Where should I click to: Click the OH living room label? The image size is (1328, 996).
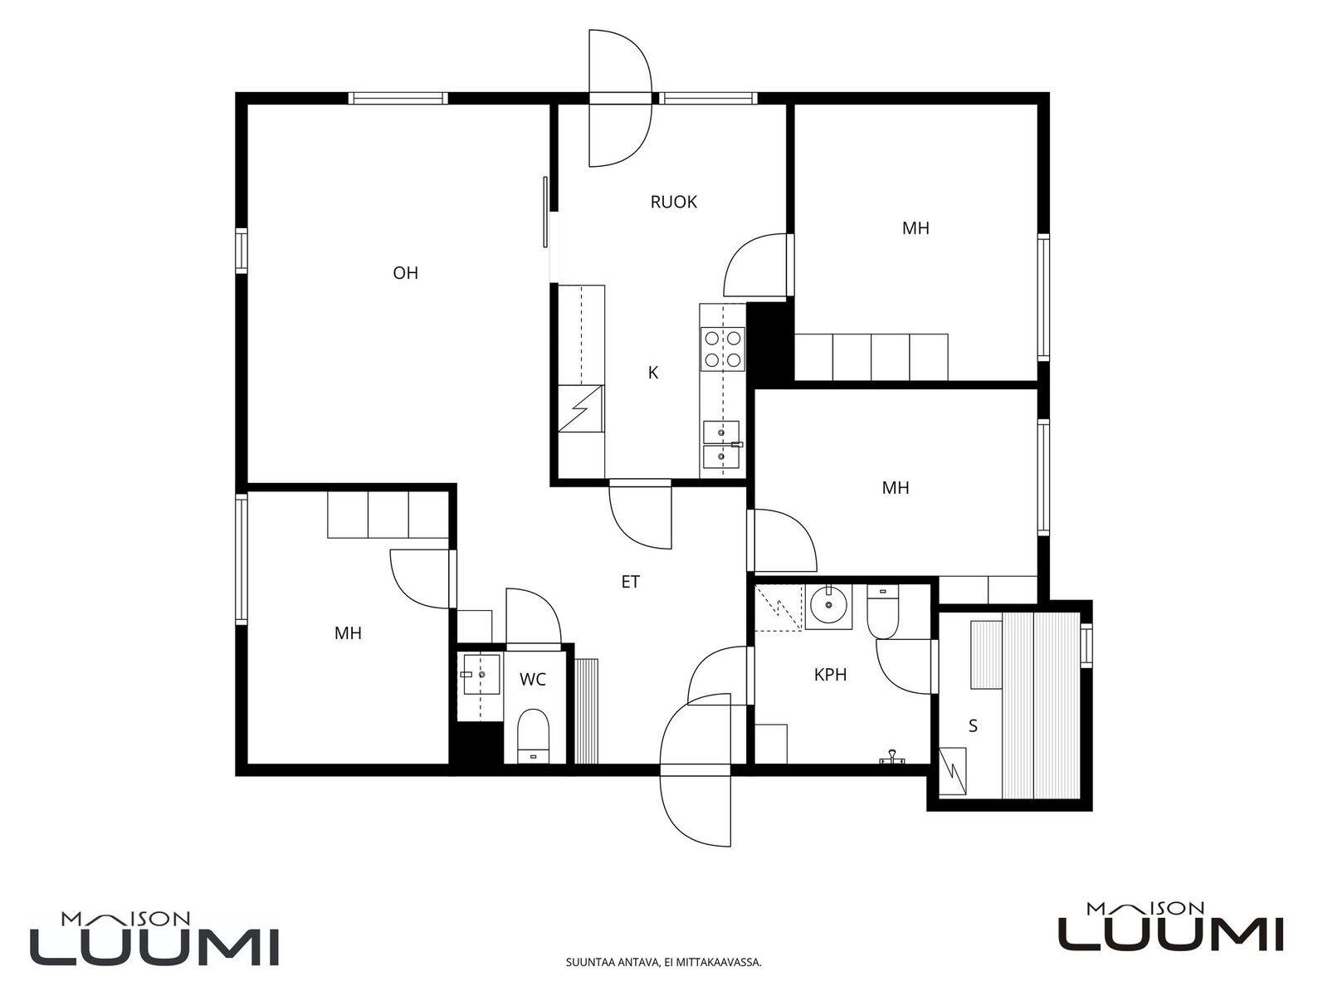point(405,273)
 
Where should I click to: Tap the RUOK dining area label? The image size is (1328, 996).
point(673,202)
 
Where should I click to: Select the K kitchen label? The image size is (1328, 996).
point(653,373)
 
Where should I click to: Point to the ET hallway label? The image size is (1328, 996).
point(631,582)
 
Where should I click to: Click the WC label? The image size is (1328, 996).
point(532,680)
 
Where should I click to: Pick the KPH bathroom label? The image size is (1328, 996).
point(830,675)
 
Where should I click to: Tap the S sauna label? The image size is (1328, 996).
point(973,725)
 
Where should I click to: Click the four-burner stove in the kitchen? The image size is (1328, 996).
point(722,349)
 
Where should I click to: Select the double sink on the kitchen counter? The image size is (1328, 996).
point(722,448)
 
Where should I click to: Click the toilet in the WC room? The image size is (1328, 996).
point(534,736)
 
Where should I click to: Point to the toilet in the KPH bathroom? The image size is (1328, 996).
point(883,612)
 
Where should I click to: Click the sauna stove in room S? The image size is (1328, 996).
point(952,771)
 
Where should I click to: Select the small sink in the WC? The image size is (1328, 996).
point(481,674)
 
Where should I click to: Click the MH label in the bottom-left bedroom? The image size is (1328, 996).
point(348,634)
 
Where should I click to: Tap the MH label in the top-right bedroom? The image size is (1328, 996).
point(915,228)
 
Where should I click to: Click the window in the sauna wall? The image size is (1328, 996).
point(1086,645)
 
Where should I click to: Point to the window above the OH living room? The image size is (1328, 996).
point(398,99)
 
